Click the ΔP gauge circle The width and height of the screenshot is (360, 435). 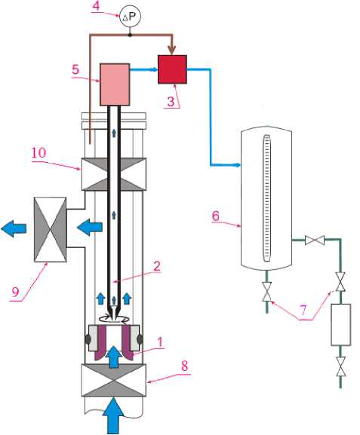(x=130, y=17)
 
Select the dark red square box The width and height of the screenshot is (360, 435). (x=172, y=69)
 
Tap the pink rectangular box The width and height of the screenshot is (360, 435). (x=115, y=84)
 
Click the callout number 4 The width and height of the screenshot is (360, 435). (x=96, y=6)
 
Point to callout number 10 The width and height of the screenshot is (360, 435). (x=38, y=152)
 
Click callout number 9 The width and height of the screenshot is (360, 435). (x=15, y=292)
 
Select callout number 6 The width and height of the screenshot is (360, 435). (x=216, y=216)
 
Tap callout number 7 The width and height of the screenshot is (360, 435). (x=303, y=310)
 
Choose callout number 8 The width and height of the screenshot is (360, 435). (x=184, y=366)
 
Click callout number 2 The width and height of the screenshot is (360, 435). (x=157, y=266)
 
